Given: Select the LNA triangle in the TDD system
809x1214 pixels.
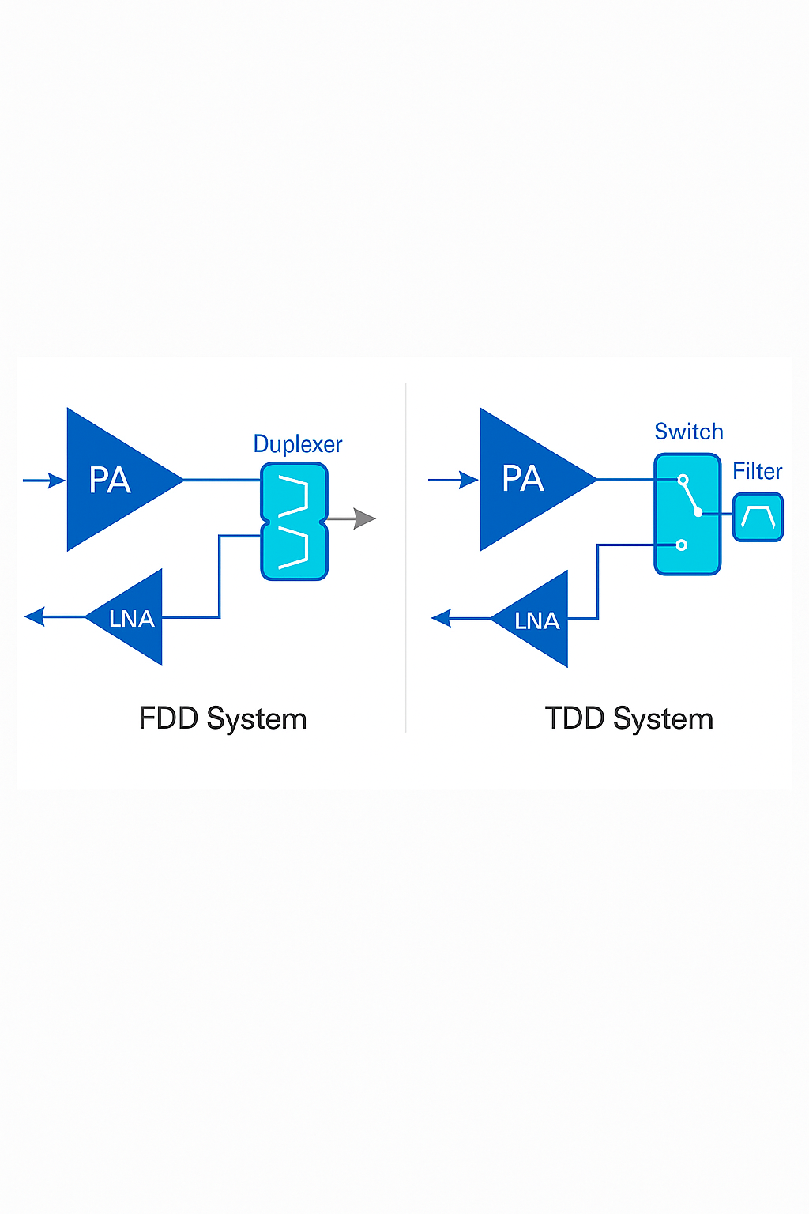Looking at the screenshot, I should pos(538,620).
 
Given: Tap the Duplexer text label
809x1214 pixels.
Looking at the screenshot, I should pos(298,444).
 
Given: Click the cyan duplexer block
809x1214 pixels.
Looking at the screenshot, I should pos(294,521).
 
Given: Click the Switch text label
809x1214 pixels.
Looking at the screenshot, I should pos(688,432).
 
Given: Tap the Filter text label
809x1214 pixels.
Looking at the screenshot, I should pos(757,471).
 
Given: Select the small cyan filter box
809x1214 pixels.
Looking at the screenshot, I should pos(758,518).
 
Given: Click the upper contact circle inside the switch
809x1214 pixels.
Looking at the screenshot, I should pos(683,480).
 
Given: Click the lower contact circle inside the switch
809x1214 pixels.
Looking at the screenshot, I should pos(682,545).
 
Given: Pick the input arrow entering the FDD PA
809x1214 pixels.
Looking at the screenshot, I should pos(44,480).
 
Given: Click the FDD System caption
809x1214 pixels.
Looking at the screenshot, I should pos(223,718).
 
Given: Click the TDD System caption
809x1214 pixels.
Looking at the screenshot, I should pos(629,718).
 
